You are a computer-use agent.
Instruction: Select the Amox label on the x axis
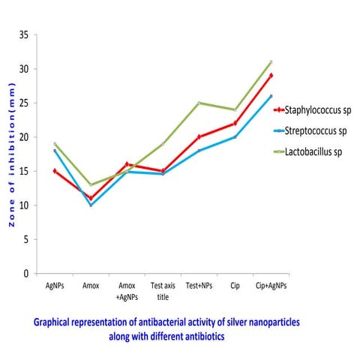click(x=91, y=286)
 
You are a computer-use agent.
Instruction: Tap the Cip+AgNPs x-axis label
click(x=271, y=286)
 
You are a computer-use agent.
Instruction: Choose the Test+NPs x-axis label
click(x=199, y=286)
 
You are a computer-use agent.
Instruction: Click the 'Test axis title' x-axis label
click(x=163, y=290)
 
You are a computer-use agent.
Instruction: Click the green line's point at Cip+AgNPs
click(x=271, y=62)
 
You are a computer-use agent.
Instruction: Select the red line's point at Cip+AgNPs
click(x=271, y=76)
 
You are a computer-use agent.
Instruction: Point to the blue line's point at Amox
click(x=91, y=205)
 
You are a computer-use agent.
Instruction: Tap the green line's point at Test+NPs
click(x=199, y=103)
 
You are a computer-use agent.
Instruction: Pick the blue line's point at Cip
click(x=235, y=137)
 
